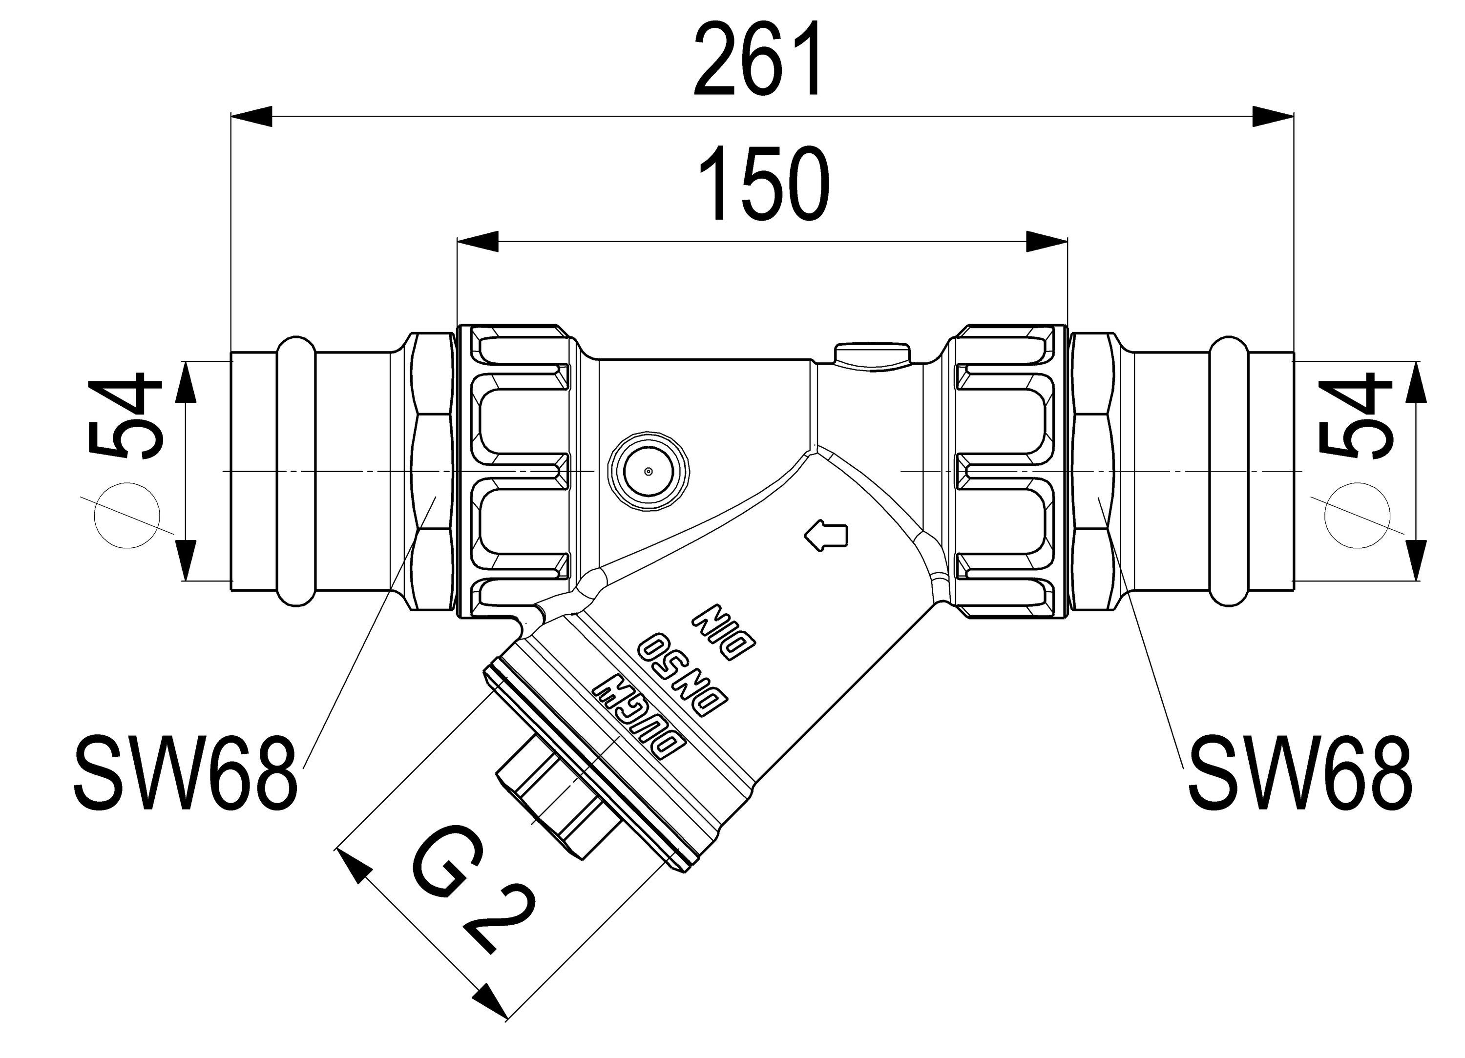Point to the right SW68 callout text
pyautogui.click(x=1299, y=774)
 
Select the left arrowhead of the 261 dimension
pyautogui.click(x=252, y=117)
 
